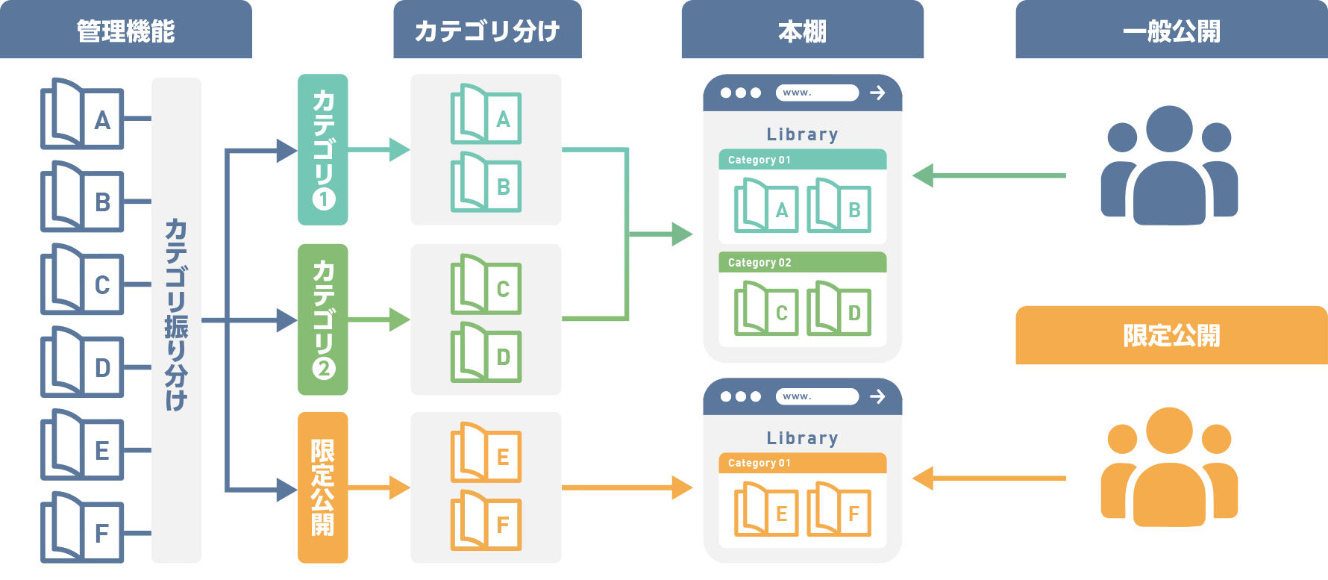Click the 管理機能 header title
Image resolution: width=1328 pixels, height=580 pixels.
tap(125, 31)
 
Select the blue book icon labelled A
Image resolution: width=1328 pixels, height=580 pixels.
tap(82, 115)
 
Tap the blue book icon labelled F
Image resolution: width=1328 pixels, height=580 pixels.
tap(82, 528)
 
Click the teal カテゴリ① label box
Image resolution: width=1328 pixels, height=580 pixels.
tap(323, 149)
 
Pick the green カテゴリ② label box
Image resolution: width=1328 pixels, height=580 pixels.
tap(323, 319)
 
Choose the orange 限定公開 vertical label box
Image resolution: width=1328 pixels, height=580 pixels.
tap(323, 487)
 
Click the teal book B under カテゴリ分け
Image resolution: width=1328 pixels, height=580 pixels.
tap(486, 183)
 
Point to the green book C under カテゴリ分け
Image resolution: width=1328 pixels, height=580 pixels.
tap(486, 285)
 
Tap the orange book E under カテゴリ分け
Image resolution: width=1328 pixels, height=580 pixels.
tap(486, 453)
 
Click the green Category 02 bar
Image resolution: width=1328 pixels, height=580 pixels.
tap(802, 263)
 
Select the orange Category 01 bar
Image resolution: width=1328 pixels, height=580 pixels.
tap(802, 463)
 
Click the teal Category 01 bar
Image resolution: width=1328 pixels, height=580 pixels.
tap(802, 160)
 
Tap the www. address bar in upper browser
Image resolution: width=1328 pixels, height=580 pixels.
tap(817, 93)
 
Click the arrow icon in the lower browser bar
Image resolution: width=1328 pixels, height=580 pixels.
tap(877, 396)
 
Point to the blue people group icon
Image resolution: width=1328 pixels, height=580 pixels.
tap(1169, 166)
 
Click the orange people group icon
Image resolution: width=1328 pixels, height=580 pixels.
tap(1169, 467)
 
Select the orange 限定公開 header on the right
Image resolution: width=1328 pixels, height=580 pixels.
tap(1171, 335)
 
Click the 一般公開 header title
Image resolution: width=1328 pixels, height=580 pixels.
tap(1171, 31)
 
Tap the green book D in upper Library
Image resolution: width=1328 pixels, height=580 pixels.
tap(839, 308)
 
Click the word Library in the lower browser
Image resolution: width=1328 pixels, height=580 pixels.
tap(802, 438)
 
